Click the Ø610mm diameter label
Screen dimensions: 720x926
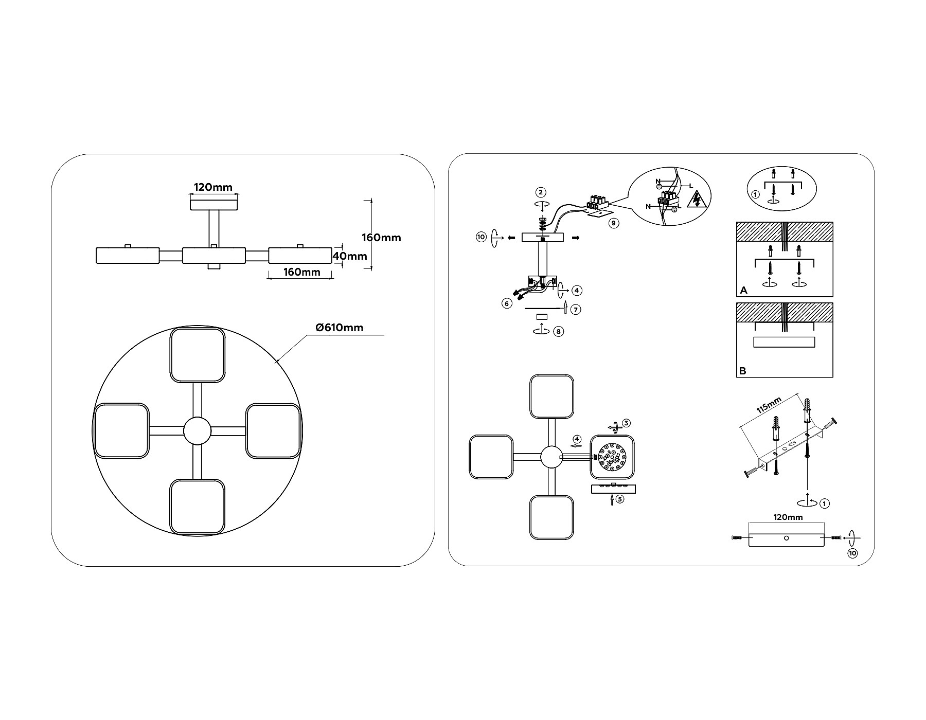tap(339, 328)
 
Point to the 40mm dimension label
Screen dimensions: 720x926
tap(350, 256)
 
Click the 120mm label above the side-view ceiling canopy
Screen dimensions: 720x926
tap(213, 187)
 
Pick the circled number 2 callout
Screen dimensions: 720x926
tap(540, 192)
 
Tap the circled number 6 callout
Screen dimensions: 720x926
tap(507, 303)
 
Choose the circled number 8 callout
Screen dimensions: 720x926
tap(559, 332)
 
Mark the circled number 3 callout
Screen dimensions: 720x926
tap(626, 423)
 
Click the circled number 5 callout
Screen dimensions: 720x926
tap(620, 498)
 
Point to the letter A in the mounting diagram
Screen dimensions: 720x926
tap(743, 291)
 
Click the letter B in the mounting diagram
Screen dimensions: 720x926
tap(742, 371)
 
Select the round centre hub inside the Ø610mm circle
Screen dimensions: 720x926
tap(198, 430)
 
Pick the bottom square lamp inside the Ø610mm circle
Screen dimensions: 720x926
tap(198, 507)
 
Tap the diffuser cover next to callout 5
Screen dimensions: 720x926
tap(613, 489)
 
